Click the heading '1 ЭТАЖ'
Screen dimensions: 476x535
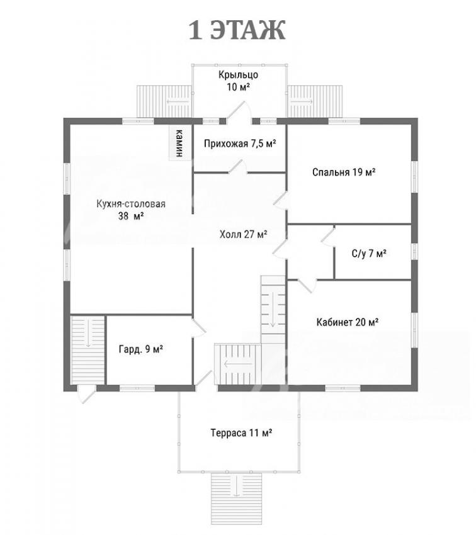click(x=237, y=30)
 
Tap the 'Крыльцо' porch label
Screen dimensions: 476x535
click(x=238, y=75)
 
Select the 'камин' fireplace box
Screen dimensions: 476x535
click(x=178, y=143)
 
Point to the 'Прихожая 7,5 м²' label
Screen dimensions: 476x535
click(x=240, y=144)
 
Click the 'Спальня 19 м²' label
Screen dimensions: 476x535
click(x=344, y=172)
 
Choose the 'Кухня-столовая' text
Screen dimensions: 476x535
click(x=131, y=204)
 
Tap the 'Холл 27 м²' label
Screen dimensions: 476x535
click(x=243, y=234)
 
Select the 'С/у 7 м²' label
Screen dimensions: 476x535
click(x=369, y=254)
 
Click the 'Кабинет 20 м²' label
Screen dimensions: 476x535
click(x=348, y=322)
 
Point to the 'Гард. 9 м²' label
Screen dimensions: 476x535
click(x=140, y=349)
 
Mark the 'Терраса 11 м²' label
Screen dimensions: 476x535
click(x=241, y=433)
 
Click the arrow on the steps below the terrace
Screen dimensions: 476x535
click(x=236, y=486)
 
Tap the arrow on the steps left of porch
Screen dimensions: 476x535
click(x=178, y=102)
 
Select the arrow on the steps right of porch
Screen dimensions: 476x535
click(x=302, y=102)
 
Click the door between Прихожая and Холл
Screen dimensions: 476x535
click(x=238, y=167)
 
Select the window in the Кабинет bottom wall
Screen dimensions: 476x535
click(x=343, y=388)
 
